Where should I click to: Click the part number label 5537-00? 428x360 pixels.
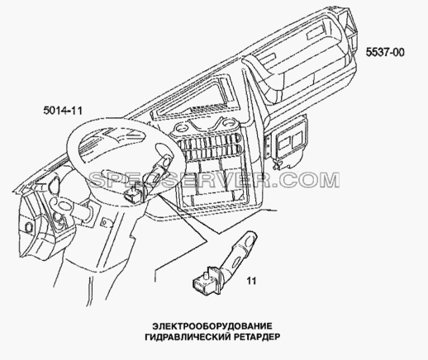(x=385, y=52)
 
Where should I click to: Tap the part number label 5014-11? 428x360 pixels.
(x=63, y=111)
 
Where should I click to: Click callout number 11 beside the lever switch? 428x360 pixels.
(x=251, y=281)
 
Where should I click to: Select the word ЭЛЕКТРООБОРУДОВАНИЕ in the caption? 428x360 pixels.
(x=212, y=326)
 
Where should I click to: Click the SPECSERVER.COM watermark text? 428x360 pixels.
(x=215, y=180)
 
